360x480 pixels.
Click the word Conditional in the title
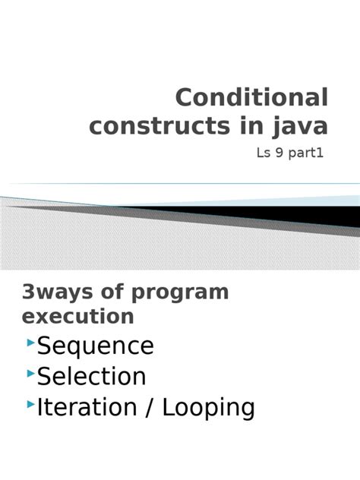tap(252, 99)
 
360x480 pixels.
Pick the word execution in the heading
tap(78, 316)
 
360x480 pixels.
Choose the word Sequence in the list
tap(96, 346)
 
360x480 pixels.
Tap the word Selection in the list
tap(92, 376)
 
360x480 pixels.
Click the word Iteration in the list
tap(83, 407)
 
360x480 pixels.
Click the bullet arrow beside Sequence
tap(30, 343)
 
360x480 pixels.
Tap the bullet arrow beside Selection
tap(30, 374)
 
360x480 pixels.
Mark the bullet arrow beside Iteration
tap(30, 404)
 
